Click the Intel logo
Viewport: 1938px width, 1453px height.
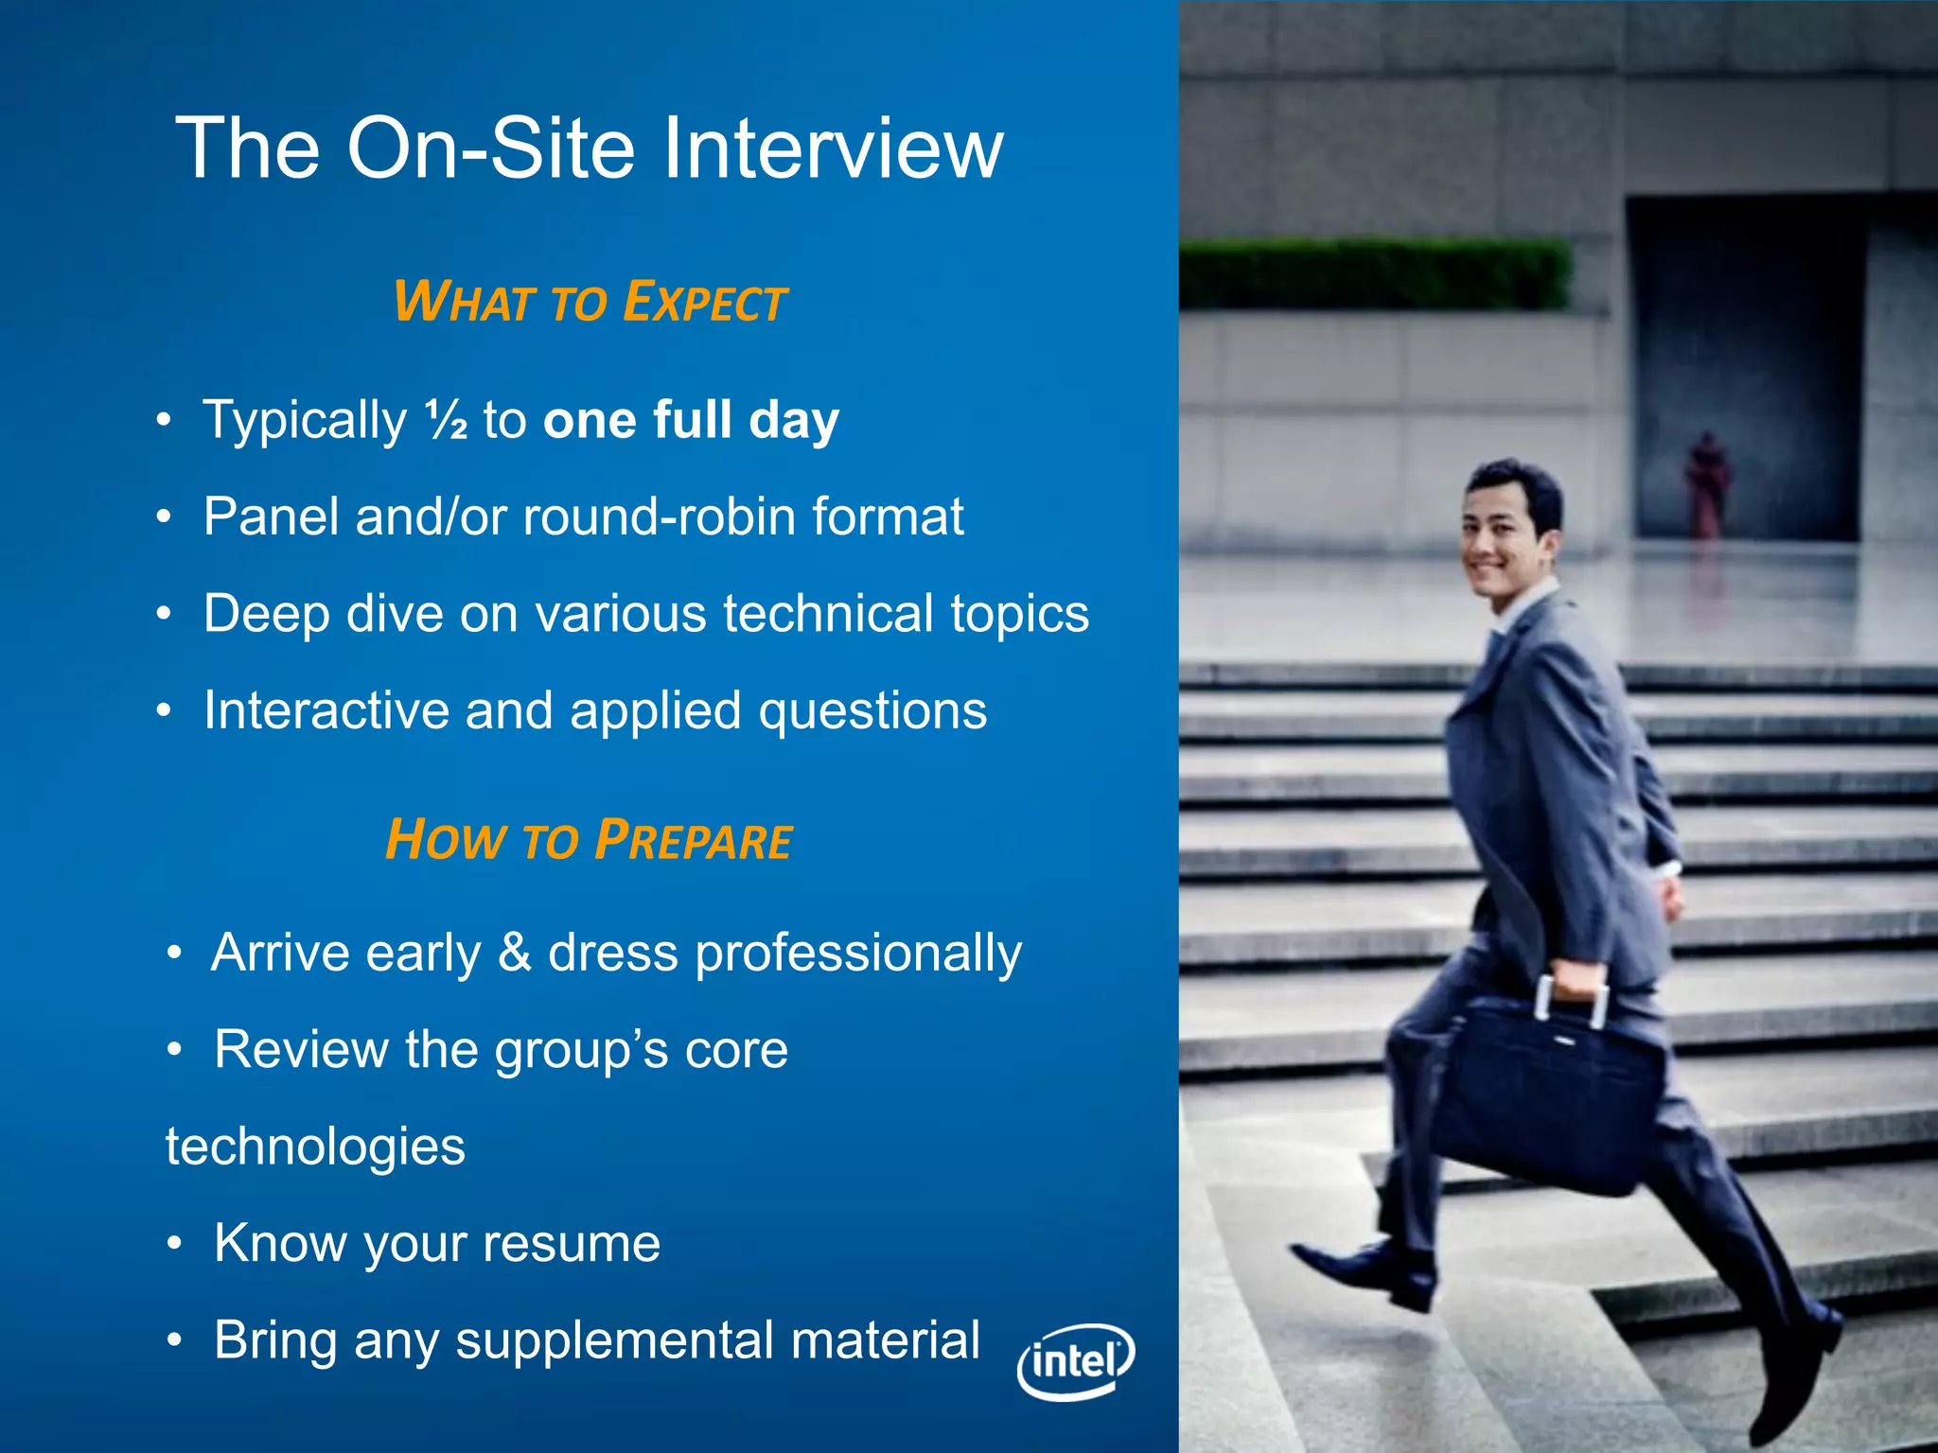click(1076, 1361)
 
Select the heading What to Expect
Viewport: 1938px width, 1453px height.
click(590, 303)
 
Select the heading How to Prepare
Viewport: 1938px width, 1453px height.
click(589, 840)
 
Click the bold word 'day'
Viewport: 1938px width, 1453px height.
click(794, 421)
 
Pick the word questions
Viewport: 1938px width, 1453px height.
click(872, 711)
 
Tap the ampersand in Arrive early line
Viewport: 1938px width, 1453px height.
click(514, 952)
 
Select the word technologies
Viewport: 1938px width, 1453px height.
click(315, 1147)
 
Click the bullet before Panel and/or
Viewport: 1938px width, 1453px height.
click(165, 517)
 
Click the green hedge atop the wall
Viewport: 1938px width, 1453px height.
click(1372, 274)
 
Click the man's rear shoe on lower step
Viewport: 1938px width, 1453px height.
click(1363, 1272)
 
